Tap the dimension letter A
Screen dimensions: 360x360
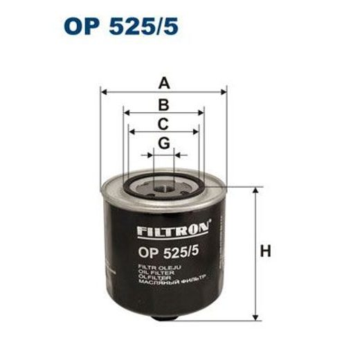click(x=163, y=84)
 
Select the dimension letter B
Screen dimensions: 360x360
click(x=163, y=105)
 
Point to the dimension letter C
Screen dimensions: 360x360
click(x=163, y=124)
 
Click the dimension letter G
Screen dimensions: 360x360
click(x=163, y=143)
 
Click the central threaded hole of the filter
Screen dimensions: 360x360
click(x=164, y=186)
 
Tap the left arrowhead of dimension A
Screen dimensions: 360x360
click(x=104, y=93)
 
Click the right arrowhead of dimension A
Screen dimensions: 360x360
click(x=224, y=93)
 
